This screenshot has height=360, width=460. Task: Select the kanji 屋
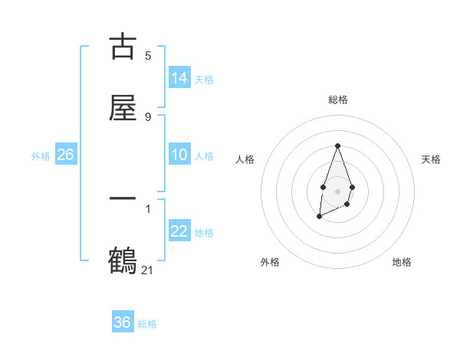123,107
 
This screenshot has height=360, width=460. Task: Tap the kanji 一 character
123,199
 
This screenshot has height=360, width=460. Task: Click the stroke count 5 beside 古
148,55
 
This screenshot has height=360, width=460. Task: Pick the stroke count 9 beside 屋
148,116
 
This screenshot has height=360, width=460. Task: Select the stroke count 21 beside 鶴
148,270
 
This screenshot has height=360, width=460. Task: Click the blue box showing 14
179,77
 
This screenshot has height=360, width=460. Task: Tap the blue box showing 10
179,155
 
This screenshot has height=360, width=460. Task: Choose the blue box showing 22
179,231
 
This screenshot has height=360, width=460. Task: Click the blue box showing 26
65,155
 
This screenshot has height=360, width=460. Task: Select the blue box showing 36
123,322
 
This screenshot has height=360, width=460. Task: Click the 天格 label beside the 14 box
204,79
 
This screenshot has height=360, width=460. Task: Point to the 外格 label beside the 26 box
41,156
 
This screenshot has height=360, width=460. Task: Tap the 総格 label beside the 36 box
147,324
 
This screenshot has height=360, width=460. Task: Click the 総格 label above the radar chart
338,100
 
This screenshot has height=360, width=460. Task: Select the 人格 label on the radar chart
245,159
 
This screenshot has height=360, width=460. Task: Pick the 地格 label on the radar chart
402,262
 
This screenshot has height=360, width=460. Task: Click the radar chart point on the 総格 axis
337,146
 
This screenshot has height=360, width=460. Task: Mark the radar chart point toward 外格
319,217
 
